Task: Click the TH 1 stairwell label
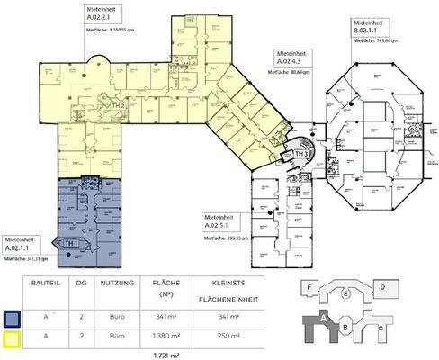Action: (70, 244)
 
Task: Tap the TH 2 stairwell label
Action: (118, 105)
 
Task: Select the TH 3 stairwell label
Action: (301, 154)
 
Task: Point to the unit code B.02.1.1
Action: (369, 30)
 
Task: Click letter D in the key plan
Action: (381, 286)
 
